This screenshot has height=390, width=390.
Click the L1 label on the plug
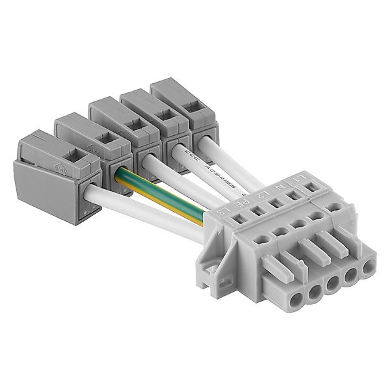click(300, 175)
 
